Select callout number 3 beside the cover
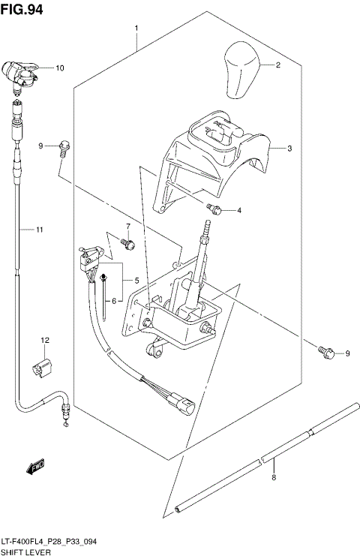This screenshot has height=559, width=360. click(x=290, y=149)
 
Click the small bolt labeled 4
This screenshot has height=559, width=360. click(x=216, y=209)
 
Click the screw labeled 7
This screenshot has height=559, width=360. click(x=128, y=243)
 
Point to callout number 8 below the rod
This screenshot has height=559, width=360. click(x=274, y=478)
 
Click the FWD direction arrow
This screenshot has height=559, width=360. click(x=35, y=467)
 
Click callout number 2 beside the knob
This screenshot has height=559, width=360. click(x=277, y=65)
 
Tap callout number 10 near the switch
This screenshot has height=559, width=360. click(x=59, y=68)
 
